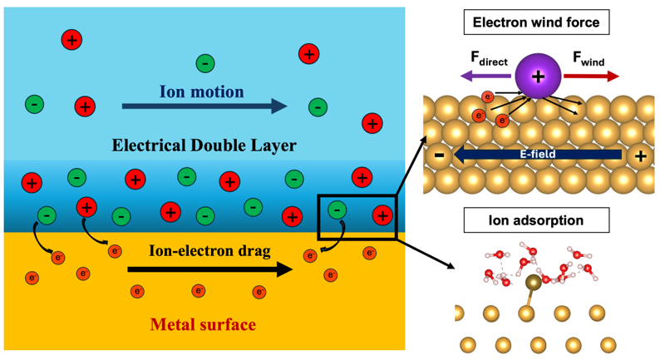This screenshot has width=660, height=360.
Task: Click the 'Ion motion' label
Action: pos(201,91)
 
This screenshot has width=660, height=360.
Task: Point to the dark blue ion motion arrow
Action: pos(204,106)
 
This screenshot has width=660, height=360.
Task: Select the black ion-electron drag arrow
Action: pos(210,269)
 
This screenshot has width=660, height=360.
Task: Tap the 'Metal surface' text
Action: pos(203,324)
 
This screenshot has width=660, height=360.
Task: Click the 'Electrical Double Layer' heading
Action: pos(204,145)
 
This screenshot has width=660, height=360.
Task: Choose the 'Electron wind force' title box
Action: pos(536,22)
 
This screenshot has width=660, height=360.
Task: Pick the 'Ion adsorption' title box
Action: pos(536,220)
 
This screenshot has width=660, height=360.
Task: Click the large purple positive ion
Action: pos(538,76)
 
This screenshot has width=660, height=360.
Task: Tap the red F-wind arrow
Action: pos(591,76)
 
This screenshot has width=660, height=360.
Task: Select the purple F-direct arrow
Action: pos(485,76)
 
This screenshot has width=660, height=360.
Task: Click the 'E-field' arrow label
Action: pos(538,154)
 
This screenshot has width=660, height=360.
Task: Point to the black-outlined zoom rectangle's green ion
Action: pos(337,210)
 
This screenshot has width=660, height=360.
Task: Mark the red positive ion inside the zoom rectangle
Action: pos(382,215)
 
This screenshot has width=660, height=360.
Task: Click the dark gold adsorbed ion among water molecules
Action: pos(534,283)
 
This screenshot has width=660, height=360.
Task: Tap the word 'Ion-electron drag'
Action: pos(209,251)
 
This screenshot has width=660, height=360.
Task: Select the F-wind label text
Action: pos(589,58)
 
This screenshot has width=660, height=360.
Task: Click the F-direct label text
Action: pos(489,58)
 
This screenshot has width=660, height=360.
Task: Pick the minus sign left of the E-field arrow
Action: pos(439,155)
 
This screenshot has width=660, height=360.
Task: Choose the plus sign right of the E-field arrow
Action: pos(640,156)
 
